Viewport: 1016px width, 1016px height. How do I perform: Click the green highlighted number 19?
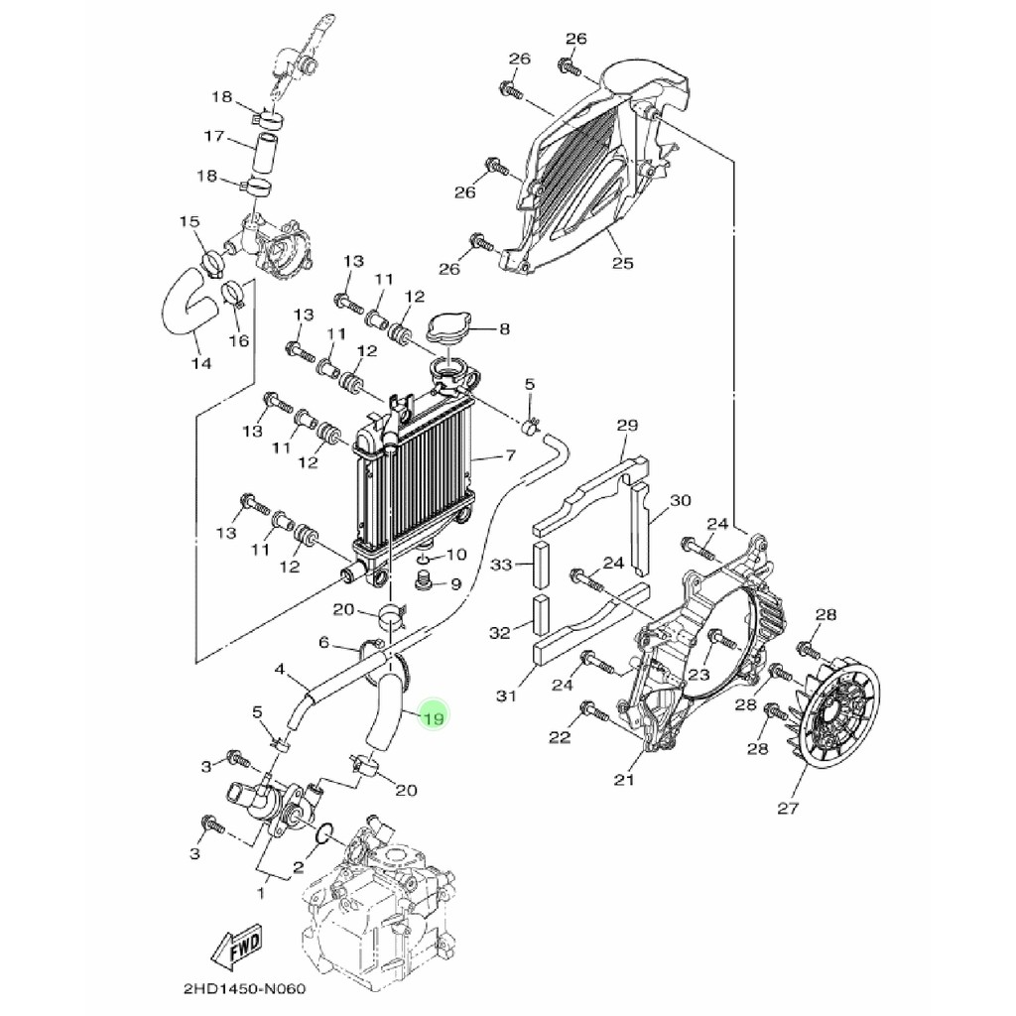[434, 717]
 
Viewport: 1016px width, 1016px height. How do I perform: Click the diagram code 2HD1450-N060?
[244, 990]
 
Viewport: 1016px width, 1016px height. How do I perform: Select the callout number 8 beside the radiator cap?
[504, 327]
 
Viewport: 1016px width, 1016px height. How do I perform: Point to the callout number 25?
[622, 263]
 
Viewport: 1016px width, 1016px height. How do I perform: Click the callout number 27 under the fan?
[787, 808]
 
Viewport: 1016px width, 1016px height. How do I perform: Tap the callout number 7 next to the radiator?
[510, 456]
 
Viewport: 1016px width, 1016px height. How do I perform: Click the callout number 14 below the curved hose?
[201, 363]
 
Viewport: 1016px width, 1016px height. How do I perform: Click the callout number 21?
[623, 780]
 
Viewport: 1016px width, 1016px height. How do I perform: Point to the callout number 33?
[502, 565]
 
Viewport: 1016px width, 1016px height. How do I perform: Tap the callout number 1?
[262, 893]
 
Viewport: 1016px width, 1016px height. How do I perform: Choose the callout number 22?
[560, 736]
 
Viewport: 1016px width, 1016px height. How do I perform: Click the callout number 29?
[626, 426]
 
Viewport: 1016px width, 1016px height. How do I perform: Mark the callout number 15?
[190, 220]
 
